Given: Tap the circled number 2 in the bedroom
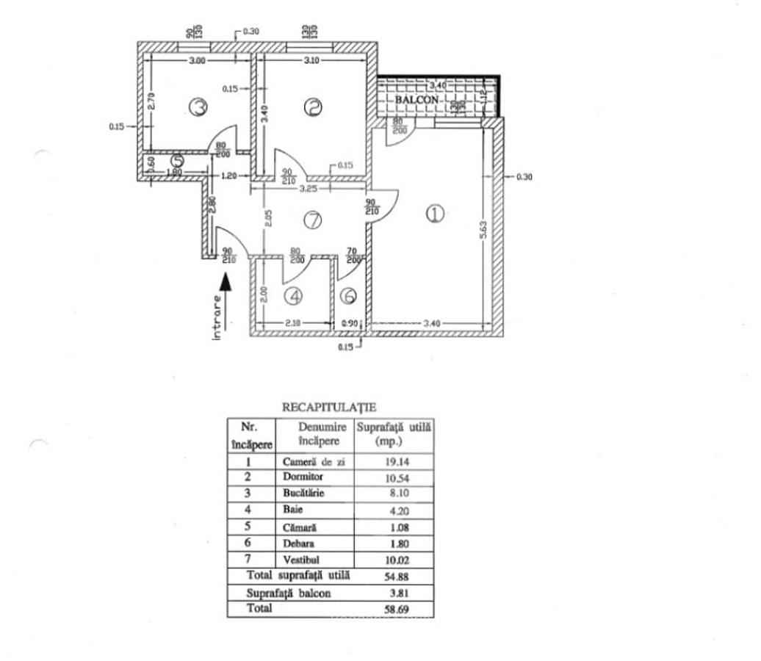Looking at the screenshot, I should [313, 107].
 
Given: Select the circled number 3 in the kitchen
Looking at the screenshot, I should [198, 107].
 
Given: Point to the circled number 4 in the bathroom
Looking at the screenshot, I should [294, 297].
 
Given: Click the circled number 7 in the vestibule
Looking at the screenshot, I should [314, 220].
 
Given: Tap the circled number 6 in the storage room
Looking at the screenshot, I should [349, 296].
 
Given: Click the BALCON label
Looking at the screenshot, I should [416, 99].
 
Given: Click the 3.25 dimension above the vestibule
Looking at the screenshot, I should [309, 189].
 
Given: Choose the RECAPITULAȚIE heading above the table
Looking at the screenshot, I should [329, 406].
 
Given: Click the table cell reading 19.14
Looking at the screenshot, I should [396, 463].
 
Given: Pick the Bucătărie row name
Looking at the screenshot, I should [305, 494].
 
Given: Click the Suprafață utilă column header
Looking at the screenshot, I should [394, 434].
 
